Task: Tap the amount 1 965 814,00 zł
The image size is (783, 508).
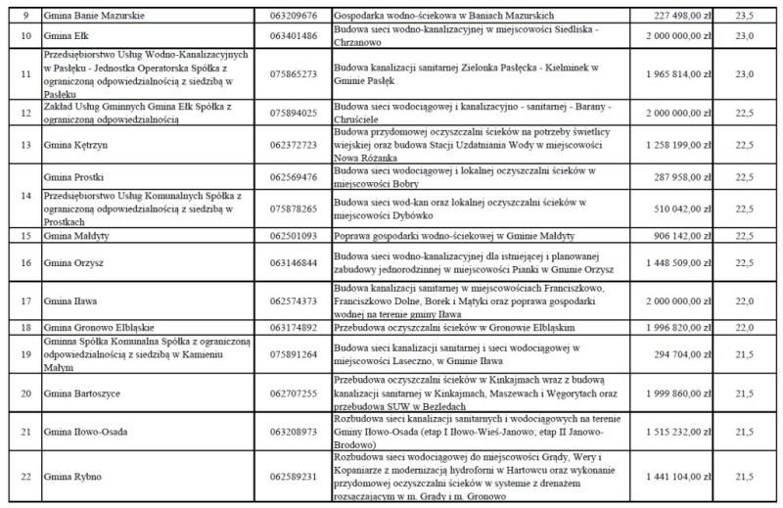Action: (x=677, y=73)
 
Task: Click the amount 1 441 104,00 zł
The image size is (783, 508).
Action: (x=677, y=476)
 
